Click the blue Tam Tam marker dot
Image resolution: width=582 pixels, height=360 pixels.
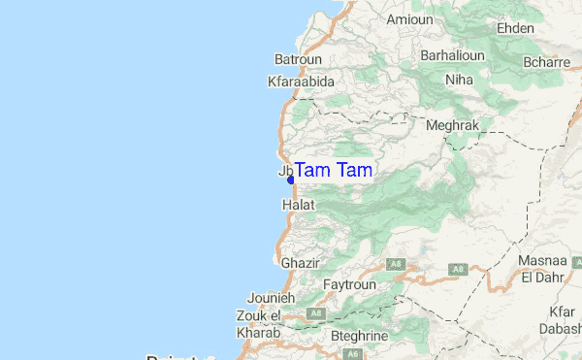291,180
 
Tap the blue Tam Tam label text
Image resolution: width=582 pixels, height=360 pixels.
333,171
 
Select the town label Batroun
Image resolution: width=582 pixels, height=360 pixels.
298,59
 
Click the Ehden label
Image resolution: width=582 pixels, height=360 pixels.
515,28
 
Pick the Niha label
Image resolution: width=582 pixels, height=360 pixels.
459,80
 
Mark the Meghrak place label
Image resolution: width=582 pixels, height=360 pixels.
453,126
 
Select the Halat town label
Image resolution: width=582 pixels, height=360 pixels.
298,206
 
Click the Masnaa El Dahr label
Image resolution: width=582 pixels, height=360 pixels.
543,269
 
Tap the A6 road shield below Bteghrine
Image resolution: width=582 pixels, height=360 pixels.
355,354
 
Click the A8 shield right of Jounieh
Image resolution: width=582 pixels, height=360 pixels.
315,313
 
